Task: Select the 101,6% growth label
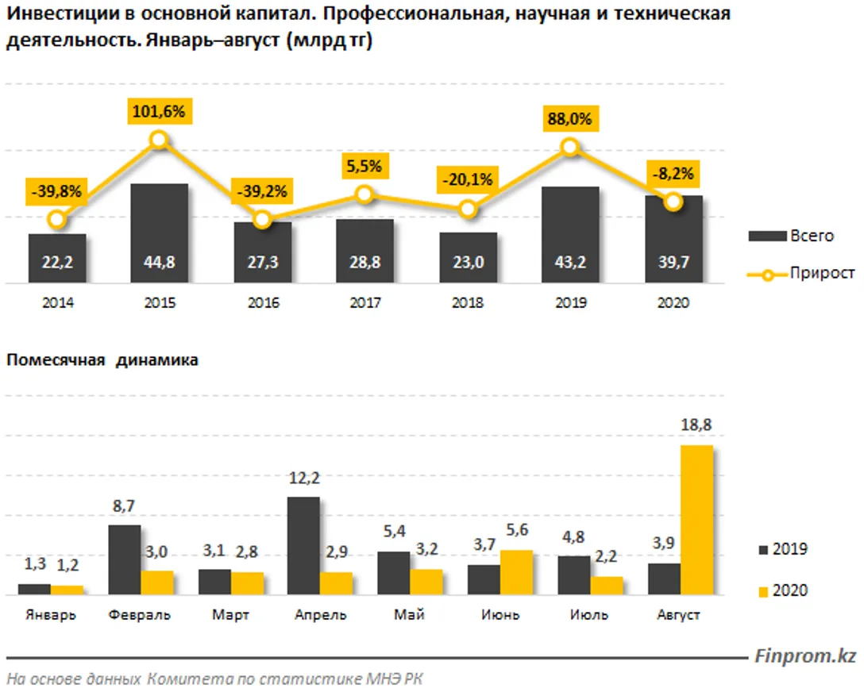coord(159,112)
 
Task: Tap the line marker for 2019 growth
coord(569,147)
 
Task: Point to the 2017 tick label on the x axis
coord(364,303)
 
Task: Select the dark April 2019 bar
coord(303,545)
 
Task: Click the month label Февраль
coord(141,615)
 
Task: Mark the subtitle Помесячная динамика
coord(102,360)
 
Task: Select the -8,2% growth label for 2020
coord(673,172)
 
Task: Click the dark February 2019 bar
coord(124,559)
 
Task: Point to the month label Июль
coord(589,615)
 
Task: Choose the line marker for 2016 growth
coord(261,220)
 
